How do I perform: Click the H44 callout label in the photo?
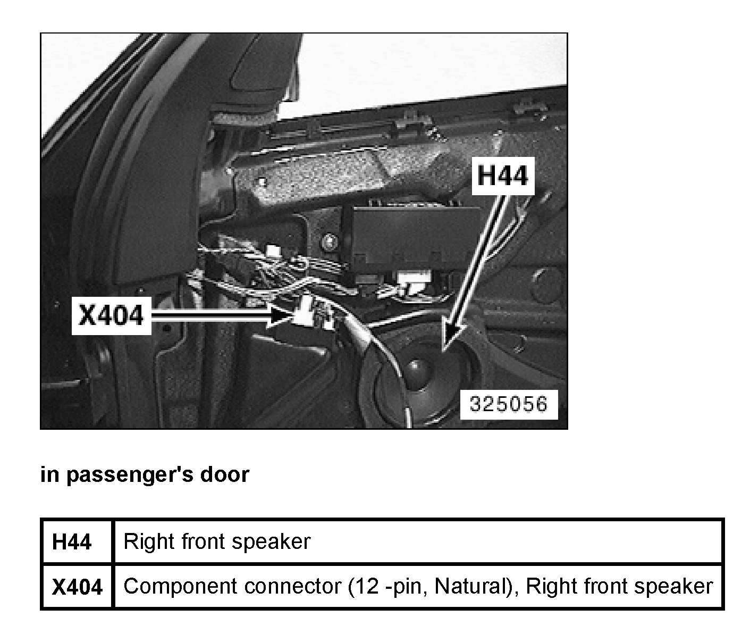503,176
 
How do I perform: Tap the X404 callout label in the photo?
111,315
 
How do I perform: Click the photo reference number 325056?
508,405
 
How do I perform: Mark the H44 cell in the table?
72,542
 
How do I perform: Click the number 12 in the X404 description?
364,586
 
